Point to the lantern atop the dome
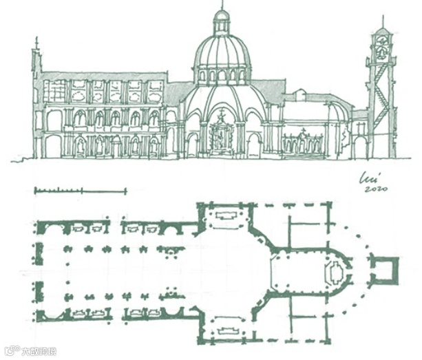(221, 22)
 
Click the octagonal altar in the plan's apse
(335, 272)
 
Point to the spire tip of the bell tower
(383, 21)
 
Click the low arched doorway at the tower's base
(360, 148)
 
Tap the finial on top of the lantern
(221, 6)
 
